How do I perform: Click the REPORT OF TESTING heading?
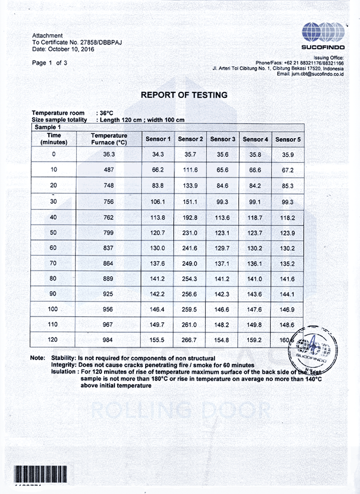point(184,95)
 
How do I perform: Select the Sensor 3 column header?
point(223,139)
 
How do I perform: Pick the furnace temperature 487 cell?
point(109,170)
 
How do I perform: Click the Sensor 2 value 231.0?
point(190,233)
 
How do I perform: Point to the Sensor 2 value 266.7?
point(190,340)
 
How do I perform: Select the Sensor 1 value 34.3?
point(158,155)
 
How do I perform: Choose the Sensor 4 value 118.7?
point(255,218)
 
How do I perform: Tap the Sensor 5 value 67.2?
point(288,170)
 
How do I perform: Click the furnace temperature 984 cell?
point(109,340)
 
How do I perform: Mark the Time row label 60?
point(53,248)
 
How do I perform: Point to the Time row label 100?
point(53,309)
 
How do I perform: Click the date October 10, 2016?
point(71,49)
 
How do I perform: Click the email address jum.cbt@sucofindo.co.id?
point(317,74)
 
